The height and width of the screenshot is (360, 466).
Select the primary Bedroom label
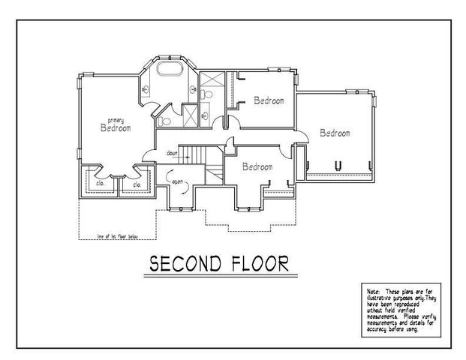116,127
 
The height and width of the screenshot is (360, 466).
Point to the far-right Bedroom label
335,133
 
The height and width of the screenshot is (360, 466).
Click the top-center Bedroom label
269,100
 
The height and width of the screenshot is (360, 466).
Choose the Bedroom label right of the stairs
257,166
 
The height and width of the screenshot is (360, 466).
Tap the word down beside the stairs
172,153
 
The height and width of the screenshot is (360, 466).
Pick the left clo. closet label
99,184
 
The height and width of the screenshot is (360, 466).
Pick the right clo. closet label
137,184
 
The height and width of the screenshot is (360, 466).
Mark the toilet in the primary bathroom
165,118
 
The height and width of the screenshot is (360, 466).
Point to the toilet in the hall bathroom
204,94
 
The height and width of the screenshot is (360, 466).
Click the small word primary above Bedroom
115,120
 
